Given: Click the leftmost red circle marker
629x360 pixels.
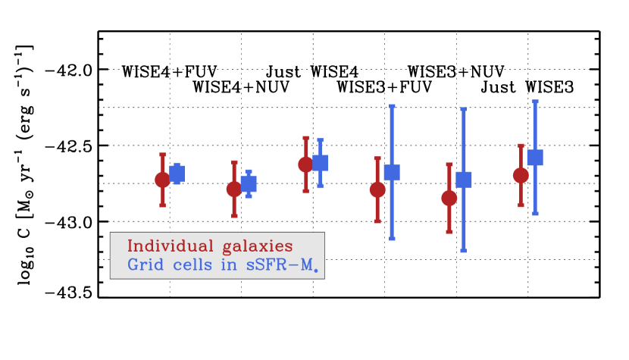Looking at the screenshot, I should click(x=162, y=180).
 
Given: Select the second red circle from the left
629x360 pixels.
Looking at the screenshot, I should click(x=234, y=189).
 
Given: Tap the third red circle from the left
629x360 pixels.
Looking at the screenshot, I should click(x=305, y=164).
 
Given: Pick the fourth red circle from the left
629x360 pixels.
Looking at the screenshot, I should click(x=377, y=189).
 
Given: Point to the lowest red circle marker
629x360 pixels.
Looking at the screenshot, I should click(x=449, y=198).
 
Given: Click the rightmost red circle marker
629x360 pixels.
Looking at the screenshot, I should click(x=521, y=175).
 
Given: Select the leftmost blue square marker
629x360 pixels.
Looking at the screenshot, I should click(x=177, y=174).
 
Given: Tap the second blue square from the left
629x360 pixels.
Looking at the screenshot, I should click(x=249, y=184).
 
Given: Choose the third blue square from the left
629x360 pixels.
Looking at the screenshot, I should click(x=320, y=163).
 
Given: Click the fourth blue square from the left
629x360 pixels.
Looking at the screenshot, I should click(x=392, y=172).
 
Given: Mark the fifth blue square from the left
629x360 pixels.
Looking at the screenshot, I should click(x=464, y=180).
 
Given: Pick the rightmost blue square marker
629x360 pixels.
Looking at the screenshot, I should click(x=535, y=158).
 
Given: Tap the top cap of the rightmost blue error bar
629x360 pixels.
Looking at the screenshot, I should click(x=535, y=102).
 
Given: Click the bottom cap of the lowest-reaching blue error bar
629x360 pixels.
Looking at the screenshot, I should click(x=464, y=250).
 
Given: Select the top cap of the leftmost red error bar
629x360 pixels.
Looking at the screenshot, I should click(x=162, y=155).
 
